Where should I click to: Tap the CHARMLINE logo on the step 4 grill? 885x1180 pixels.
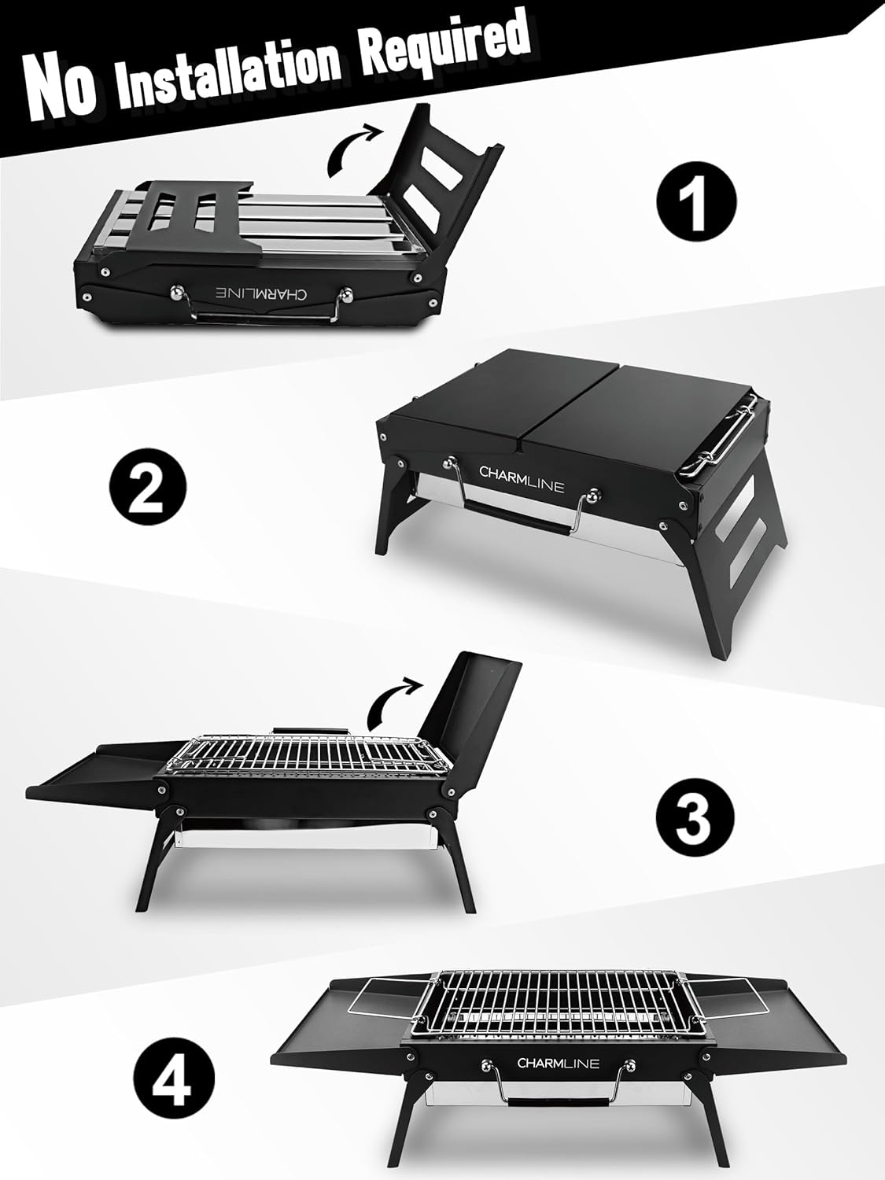pos(558,1064)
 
